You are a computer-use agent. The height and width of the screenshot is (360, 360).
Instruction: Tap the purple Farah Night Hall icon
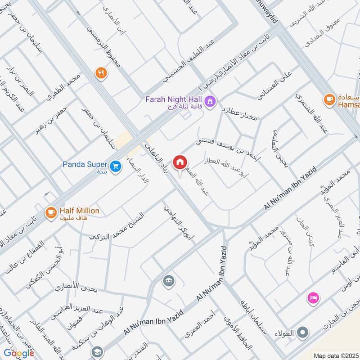coord(209,102)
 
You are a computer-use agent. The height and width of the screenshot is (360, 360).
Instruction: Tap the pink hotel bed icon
coord(313,297)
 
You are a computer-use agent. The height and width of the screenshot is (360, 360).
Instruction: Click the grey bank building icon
coord(169,281)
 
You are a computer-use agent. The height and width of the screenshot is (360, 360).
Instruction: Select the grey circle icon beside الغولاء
coord(304,333)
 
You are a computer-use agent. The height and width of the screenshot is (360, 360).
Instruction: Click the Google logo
coord(19,353)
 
